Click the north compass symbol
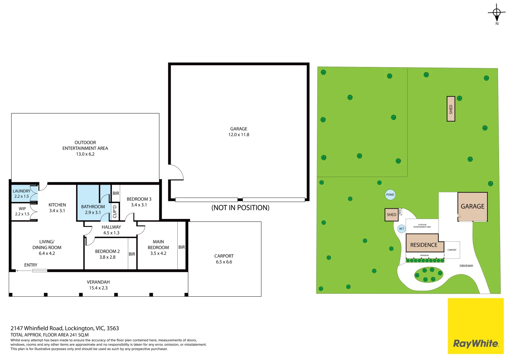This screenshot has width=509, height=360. coord(497,13)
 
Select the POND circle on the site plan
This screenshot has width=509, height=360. coord(390,195)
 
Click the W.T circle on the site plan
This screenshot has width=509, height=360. coord(401,229)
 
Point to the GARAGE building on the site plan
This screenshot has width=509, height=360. coord(472,207)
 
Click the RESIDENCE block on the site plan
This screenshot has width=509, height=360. coord(424,245)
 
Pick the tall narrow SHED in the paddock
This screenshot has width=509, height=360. coord(451,109)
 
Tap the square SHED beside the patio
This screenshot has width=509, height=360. coord(391,215)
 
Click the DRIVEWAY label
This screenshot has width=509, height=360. coord(466,266)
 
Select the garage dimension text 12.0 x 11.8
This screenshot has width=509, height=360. coord(239,135)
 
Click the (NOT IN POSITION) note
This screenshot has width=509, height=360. coord(240,208)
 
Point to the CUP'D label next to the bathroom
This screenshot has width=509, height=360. coord(115,211)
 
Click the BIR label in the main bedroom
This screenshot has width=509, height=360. coord(182,247)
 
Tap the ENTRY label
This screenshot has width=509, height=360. coord(31,265)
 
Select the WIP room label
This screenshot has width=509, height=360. coord(22,209)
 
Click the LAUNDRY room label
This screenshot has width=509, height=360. coord(21,191)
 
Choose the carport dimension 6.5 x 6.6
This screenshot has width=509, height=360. coord(224,262)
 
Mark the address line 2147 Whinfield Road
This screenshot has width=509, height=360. coord(65,328)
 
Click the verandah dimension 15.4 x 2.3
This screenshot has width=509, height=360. coord(98,288)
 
